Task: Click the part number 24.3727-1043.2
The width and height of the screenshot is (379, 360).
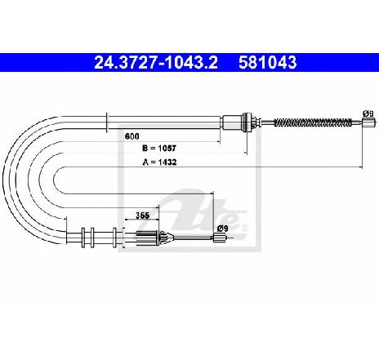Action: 156,62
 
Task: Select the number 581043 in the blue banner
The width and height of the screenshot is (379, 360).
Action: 268,62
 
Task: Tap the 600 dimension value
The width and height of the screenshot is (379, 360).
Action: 132,136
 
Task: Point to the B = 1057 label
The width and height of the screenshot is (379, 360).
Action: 159,149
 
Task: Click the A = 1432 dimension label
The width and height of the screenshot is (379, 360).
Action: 159,162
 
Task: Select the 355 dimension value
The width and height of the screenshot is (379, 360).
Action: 143,216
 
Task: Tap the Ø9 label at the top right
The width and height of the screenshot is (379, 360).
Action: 368,113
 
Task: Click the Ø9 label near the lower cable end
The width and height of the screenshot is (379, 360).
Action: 222,229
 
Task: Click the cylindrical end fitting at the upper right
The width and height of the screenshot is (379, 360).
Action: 369,122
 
